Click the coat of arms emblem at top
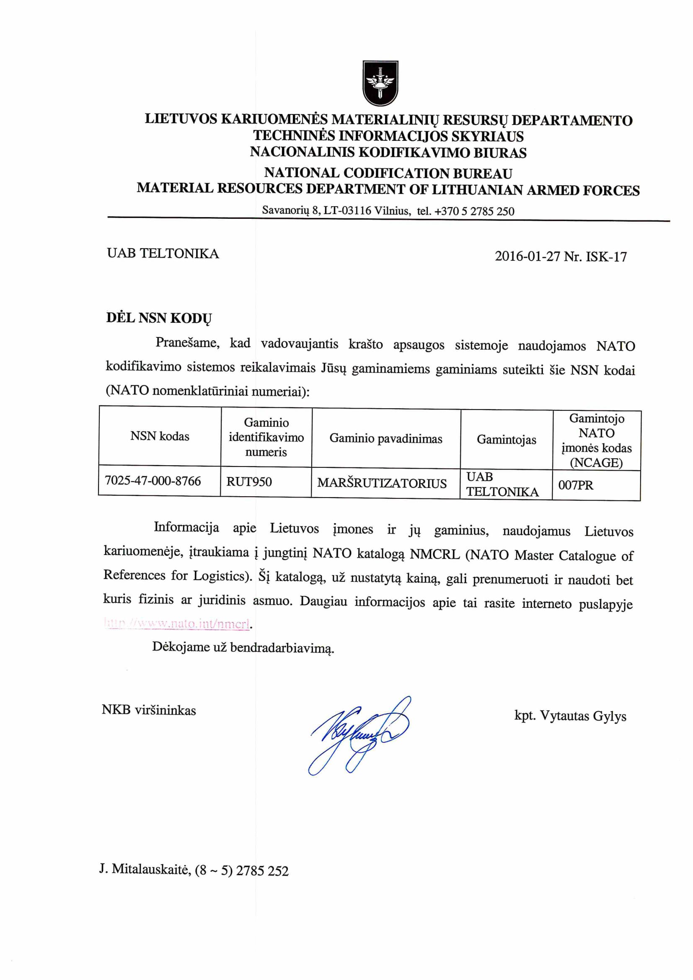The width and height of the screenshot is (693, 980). click(380, 83)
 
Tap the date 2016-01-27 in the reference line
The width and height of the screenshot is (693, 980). click(528, 257)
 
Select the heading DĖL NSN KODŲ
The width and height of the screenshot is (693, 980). click(159, 319)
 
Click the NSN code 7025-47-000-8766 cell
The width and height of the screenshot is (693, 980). click(153, 481)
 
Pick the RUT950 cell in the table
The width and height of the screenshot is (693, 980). click(249, 482)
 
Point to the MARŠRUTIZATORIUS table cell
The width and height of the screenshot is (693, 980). click(382, 483)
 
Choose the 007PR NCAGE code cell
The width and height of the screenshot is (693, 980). click(576, 485)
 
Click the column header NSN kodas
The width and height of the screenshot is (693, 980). click(160, 436)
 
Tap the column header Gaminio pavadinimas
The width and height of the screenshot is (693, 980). click(386, 439)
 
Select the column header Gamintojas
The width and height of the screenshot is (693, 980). click(507, 440)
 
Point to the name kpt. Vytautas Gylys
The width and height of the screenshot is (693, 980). click(570, 716)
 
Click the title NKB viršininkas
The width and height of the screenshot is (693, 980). click(148, 710)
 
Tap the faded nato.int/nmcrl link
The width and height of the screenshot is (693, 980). click(177, 624)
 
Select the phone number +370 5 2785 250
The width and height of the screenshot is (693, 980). click(474, 211)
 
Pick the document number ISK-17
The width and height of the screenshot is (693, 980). click(606, 257)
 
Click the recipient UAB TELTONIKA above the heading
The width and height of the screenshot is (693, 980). click(163, 254)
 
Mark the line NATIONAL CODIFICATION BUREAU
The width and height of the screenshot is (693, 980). click(388, 173)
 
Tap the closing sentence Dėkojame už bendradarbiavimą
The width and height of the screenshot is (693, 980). click(243, 648)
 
